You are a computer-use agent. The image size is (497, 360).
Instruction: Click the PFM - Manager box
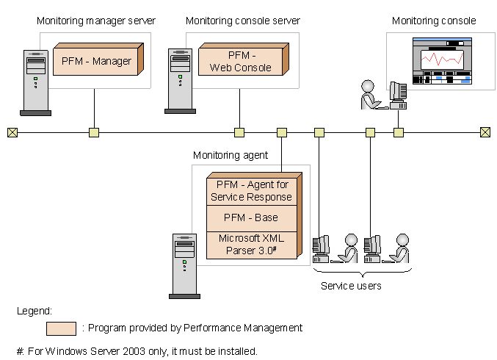[96, 61]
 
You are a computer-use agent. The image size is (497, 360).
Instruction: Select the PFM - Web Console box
[240, 62]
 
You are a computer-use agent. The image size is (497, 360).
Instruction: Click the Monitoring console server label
[242, 21]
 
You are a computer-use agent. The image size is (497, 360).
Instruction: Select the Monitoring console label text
[433, 21]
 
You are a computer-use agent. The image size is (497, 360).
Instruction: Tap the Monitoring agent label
[231, 155]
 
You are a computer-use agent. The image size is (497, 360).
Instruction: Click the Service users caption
[351, 286]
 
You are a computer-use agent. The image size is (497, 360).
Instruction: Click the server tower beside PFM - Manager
[35, 82]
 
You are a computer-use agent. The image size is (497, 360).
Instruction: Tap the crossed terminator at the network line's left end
[12, 132]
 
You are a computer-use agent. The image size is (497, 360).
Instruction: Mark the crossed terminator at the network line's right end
[485, 132]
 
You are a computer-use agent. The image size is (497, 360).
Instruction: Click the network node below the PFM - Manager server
[94, 132]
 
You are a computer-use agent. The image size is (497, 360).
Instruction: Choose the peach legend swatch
[61, 328]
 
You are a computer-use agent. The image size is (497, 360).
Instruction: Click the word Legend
[34, 311]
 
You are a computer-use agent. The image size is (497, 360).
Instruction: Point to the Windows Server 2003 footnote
[137, 351]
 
